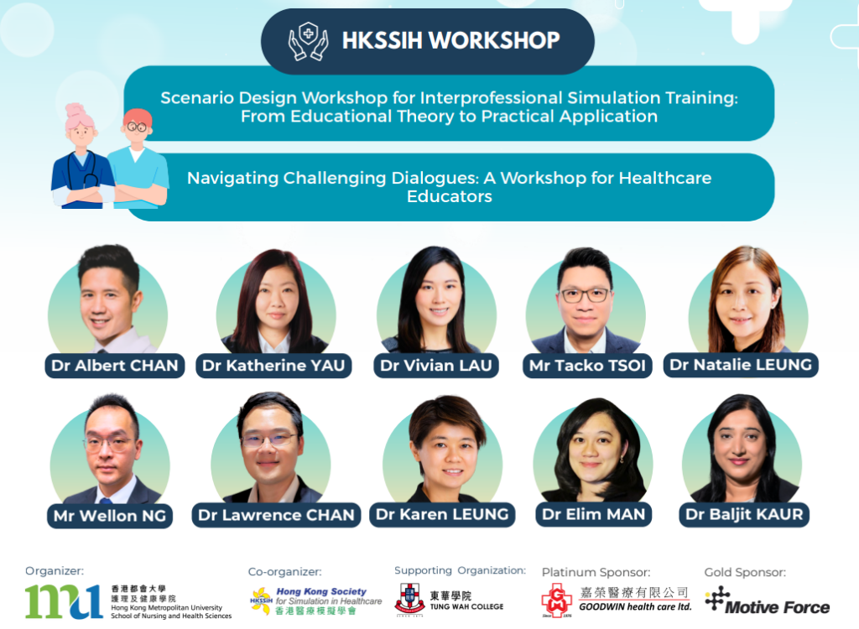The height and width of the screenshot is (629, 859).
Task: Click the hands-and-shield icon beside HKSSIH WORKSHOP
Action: pos(309,41)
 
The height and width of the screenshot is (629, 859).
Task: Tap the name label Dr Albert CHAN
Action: pos(114,366)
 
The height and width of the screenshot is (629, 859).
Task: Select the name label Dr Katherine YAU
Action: pos(273,366)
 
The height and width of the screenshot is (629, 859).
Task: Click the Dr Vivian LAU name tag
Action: pos(436,366)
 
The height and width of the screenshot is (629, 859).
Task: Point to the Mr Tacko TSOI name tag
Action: pos(587,366)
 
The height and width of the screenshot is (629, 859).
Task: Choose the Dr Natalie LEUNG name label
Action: pos(741,365)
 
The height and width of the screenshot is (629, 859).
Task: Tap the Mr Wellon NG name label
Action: pos(110,516)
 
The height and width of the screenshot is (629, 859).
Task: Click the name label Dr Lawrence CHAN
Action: pos(276,515)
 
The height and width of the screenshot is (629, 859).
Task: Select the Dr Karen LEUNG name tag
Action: pos(442,514)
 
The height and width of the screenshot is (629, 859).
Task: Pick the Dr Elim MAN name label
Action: pos(593,514)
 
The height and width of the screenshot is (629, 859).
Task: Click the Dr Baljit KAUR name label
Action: pos(744,514)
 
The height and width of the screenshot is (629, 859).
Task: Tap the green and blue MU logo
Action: pos(64,601)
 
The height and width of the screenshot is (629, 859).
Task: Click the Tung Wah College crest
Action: pos(409,599)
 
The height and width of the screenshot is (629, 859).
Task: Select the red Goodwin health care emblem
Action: pos(557,600)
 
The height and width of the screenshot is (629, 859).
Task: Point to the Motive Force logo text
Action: pos(777,607)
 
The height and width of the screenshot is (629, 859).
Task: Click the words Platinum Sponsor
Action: pos(596,573)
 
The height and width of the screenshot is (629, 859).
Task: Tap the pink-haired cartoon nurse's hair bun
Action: pos(75,109)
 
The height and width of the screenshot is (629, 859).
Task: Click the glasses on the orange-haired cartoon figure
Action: pos(137,127)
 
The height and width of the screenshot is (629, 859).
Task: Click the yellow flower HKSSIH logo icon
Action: pos(262,600)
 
